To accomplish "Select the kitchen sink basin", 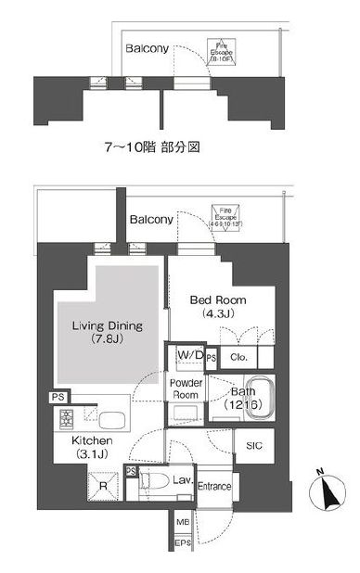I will click(x=115, y=418).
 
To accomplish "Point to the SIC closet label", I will click(x=253, y=447).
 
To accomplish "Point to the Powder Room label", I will click(x=186, y=388).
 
